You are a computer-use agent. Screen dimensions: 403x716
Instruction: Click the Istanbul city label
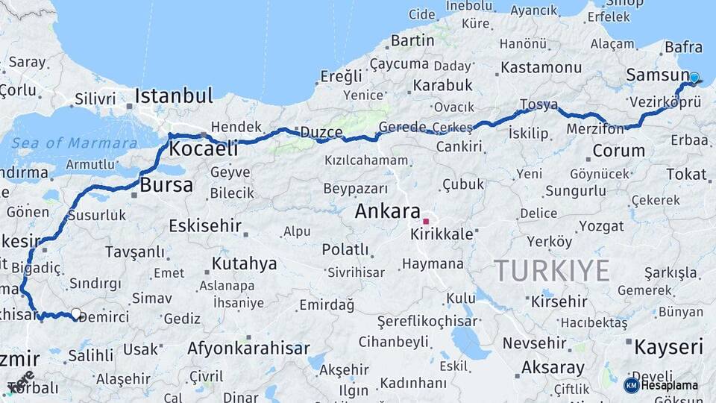click(173, 96)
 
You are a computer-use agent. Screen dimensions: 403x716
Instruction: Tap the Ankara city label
click(387, 211)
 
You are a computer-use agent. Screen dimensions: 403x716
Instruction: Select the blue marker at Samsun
click(694, 78)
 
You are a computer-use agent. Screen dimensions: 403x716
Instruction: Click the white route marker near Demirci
click(75, 314)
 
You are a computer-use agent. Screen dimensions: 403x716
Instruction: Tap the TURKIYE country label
click(551, 270)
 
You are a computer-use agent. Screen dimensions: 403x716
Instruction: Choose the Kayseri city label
click(668, 347)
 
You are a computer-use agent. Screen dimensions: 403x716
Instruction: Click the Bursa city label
click(166, 185)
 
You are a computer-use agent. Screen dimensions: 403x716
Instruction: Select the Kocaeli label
click(203, 149)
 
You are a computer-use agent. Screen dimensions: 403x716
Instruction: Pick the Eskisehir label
click(205, 225)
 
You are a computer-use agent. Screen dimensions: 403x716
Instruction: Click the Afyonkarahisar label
click(248, 349)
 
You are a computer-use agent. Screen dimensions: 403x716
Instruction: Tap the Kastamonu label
click(541, 67)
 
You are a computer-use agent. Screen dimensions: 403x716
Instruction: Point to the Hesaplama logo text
click(669, 385)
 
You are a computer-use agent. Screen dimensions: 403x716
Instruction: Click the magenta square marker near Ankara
click(426, 221)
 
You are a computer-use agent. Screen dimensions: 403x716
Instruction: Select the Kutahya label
click(244, 263)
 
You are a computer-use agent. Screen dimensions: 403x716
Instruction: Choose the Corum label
click(618, 151)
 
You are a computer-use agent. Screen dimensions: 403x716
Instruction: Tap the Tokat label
click(685, 174)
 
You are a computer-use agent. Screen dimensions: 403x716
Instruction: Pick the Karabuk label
click(443, 85)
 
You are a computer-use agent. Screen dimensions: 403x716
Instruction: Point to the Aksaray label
click(553, 367)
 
